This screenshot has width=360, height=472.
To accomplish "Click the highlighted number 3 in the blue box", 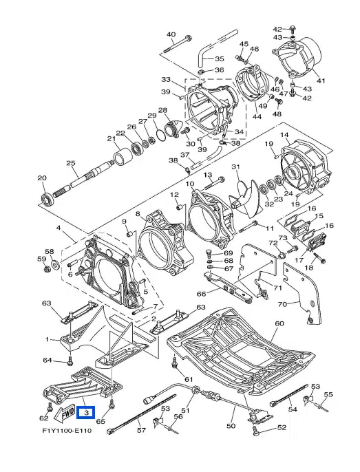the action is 86,412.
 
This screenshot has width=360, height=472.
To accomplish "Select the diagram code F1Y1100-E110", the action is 67,431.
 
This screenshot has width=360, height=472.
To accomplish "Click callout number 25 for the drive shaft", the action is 70,164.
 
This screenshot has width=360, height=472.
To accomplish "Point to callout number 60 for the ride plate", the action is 279,323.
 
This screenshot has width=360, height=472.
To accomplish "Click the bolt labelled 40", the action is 177,45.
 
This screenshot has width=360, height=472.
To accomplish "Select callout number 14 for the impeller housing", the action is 284,135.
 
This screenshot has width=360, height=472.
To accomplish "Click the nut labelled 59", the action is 46,269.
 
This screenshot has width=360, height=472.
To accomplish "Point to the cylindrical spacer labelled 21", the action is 123,158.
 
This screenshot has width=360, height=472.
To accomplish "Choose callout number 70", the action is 282,304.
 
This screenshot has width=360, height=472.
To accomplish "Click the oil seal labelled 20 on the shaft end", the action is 47,200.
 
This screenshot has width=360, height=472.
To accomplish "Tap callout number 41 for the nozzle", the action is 321,81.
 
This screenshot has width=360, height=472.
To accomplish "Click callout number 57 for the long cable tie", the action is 142,430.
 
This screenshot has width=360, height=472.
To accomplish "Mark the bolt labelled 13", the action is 215,182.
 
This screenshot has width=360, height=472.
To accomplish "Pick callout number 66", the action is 201,294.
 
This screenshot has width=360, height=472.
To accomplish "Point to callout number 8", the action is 138,214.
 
